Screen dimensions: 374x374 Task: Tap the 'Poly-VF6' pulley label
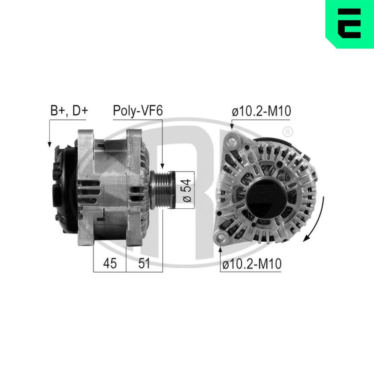[x=138, y=111]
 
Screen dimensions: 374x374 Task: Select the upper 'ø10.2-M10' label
[x=261, y=111]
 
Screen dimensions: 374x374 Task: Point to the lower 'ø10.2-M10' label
[x=251, y=264]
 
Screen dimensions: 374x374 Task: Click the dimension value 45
[x=109, y=263]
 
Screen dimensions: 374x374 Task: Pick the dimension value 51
[x=144, y=263]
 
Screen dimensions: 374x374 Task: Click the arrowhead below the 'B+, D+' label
[x=49, y=144]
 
